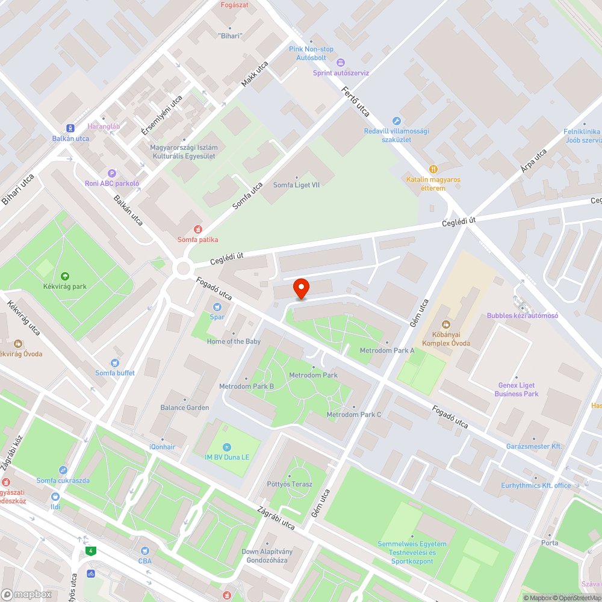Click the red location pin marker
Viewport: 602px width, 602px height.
click(x=301, y=288)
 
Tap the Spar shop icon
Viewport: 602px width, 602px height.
click(x=216, y=306)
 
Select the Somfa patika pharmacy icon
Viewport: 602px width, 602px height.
click(x=197, y=229)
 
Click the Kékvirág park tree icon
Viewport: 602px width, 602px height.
click(x=64, y=276)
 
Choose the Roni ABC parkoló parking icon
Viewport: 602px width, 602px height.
click(x=111, y=173)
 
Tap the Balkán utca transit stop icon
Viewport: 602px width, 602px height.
click(x=70, y=128)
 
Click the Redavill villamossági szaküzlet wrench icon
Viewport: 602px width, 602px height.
click(x=396, y=121)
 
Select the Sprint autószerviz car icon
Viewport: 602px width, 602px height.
click(x=340, y=63)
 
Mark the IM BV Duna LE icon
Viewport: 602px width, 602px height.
click(x=226, y=447)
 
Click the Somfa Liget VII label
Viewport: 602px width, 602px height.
click(x=296, y=185)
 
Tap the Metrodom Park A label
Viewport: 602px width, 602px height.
click(x=387, y=350)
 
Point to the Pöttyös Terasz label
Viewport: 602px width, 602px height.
click(x=290, y=484)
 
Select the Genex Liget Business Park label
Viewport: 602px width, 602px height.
click(x=517, y=389)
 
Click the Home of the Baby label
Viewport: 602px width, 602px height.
click(x=234, y=341)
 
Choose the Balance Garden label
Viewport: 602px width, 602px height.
click(x=184, y=408)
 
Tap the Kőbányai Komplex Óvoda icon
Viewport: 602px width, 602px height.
click(x=445, y=325)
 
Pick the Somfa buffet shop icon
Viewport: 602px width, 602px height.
click(x=114, y=363)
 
